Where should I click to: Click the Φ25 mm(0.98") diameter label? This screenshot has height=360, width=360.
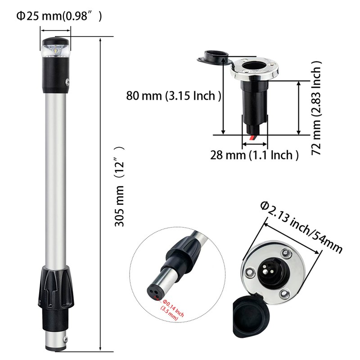point(59,16)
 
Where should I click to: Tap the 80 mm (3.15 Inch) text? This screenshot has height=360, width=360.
point(173,96)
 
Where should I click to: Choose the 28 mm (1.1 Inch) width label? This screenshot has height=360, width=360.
point(254,155)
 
